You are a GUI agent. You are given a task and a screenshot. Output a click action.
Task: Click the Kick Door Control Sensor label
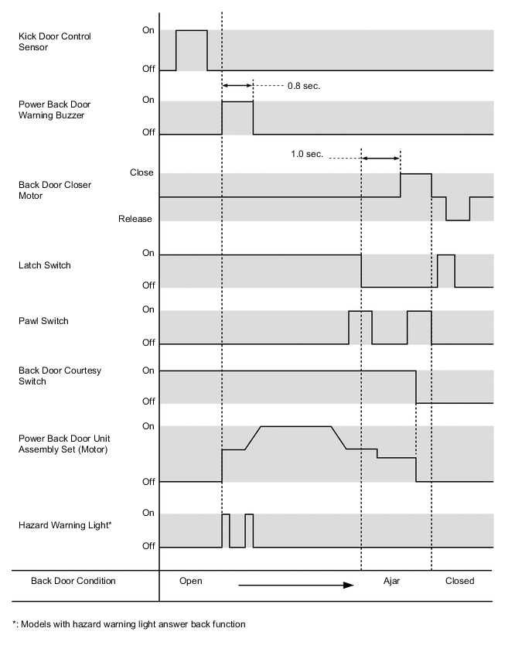click(x=54, y=42)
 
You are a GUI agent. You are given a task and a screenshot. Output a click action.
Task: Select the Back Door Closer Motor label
click(x=54, y=190)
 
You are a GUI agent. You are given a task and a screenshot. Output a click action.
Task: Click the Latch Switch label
click(x=44, y=265)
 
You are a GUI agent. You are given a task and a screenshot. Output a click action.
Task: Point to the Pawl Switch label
click(x=43, y=321)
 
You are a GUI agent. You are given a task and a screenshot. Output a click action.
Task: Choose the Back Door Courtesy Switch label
click(x=60, y=376)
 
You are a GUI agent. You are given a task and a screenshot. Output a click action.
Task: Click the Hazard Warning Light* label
click(x=65, y=525)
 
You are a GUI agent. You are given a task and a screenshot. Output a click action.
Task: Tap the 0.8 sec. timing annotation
click(x=303, y=86)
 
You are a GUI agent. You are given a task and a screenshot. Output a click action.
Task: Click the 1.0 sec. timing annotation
click(x=307, y=154)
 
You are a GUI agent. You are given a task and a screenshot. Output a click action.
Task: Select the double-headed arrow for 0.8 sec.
click(x=237, y=86)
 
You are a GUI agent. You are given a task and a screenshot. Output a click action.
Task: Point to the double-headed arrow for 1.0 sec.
click(x=380, y=159)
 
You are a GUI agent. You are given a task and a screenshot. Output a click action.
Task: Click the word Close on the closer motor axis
click(x=142, y=172)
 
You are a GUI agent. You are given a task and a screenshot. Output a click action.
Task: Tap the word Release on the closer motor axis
click(x=135, y=219)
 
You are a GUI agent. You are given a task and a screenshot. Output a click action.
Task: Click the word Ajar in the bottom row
click(x=391, y=581)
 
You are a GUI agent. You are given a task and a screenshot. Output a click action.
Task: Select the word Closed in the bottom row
click(x=459, y=581)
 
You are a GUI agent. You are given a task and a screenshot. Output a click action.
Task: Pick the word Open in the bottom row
click(x=190, y=581)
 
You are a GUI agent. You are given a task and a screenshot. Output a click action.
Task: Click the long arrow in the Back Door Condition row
click(x=295, y=586)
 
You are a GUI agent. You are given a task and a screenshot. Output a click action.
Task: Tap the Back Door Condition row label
click(x=73, y=581)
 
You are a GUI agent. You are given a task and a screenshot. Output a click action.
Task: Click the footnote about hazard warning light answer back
click(x=128, y=624)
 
